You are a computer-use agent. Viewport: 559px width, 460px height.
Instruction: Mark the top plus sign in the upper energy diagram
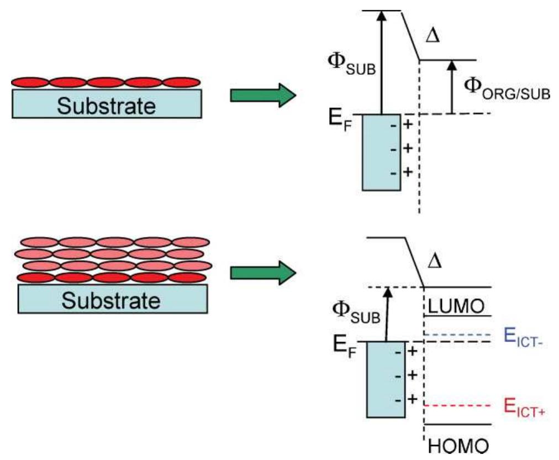(409, 125)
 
